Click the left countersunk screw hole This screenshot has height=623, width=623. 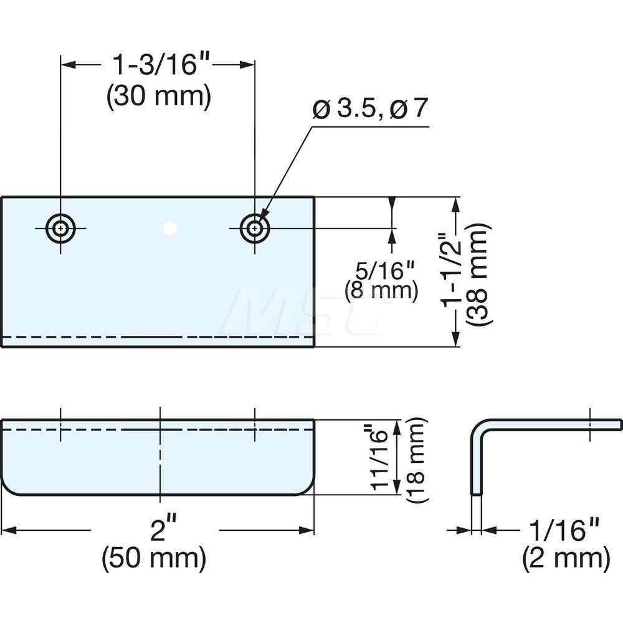point(60,229)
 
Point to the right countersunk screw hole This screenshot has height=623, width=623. point(254,229)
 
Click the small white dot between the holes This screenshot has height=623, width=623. point(169,229)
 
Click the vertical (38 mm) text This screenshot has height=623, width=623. point(480,272)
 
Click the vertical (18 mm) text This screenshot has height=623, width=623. point(416,458)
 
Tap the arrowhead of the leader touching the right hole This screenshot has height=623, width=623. point(262,219)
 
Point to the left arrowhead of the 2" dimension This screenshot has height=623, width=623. point(7,530)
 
